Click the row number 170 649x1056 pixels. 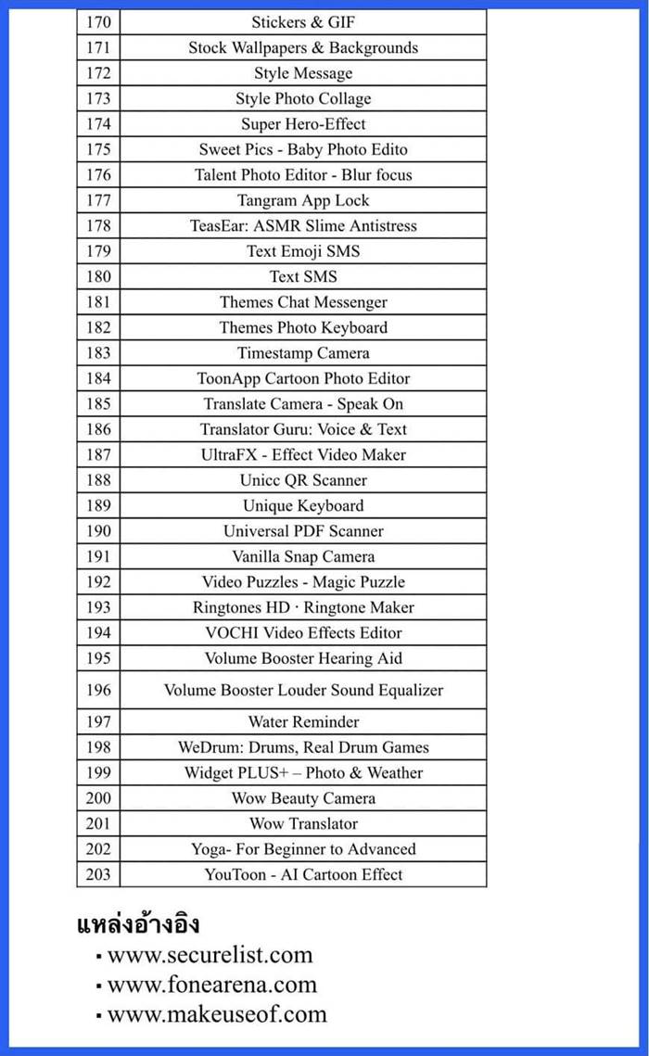coord(97,22)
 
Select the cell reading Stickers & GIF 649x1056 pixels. coord(303,22)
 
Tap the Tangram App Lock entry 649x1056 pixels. coord(303,200)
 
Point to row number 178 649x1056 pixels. coord(97,225)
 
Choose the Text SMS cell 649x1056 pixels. coord(303,276)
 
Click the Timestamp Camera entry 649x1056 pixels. coord(303,353)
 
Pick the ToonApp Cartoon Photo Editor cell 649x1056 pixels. coord(303,378)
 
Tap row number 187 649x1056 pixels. coord(97,454)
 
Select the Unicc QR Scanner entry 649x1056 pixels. coord(303,480)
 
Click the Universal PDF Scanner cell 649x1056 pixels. coord(303,531)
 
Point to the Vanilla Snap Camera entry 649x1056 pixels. coord(303,556)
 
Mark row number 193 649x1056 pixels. coord(97,607)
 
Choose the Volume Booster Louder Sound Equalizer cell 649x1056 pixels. coord(303,690)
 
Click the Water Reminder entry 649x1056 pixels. coord(303,721)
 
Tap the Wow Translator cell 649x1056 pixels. coord(303,823)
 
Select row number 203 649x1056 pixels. coord(97,874)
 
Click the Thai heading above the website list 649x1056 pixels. coord(137,924)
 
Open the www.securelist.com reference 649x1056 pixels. coord(210,955)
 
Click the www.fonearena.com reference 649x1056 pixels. coord(211,985)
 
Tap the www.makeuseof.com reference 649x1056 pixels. coord(217,1014)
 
